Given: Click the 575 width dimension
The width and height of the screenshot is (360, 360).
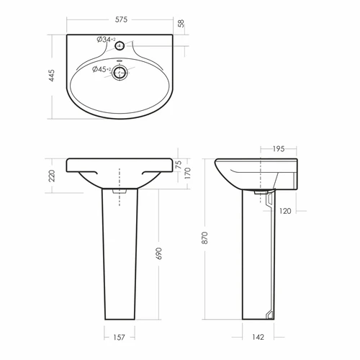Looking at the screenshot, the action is pos(121,19).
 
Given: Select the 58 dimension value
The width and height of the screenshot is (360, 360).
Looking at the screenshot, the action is pos(181,23).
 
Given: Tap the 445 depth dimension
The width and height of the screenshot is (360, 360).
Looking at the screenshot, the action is pos(52,76).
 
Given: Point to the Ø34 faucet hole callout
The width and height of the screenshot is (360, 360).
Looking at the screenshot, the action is pos(106,40).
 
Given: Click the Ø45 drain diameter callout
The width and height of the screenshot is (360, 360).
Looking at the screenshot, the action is pos(102,69).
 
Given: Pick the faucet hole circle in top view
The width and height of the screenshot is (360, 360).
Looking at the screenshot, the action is pos(120,45).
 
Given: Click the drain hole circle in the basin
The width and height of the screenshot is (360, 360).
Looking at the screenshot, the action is pos(120,73).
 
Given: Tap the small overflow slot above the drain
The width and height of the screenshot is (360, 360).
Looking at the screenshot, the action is pos(120,60).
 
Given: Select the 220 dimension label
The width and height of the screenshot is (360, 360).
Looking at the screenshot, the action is pos(52,176).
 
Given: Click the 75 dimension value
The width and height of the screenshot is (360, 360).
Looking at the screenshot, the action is pos(179,164).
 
